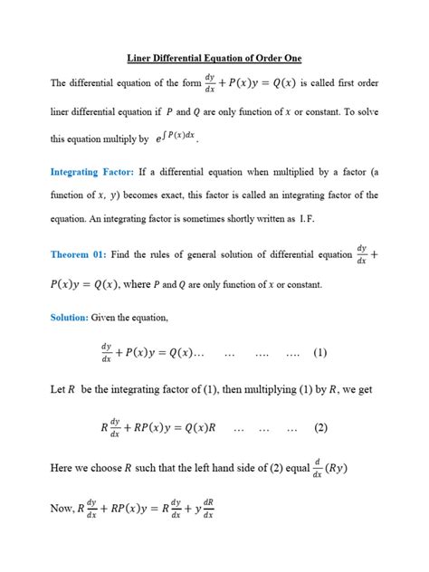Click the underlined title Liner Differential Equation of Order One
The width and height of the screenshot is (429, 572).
pos(214,58)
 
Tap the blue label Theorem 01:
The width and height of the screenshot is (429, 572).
pos(86,254)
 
